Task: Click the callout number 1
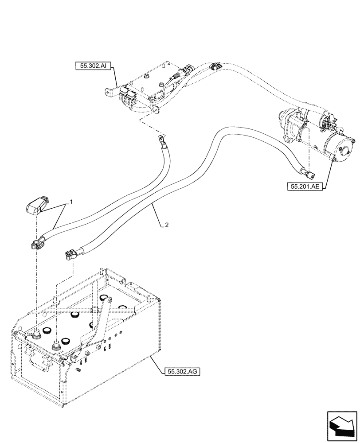(x=71, y=202)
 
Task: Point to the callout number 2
(x=166, y=225)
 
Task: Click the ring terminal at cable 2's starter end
(x=307, y=172)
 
